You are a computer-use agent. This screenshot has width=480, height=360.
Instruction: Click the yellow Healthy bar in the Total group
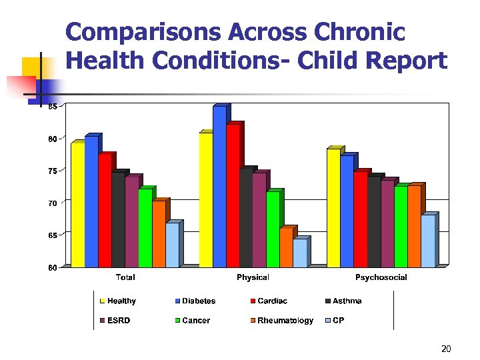tap(77, 205)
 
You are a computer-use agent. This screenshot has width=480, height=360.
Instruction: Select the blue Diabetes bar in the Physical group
tap(219, 187)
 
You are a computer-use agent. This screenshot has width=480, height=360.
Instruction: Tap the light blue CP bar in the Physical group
tap(299, 253)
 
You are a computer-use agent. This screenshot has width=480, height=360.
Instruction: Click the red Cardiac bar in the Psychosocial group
tap(360, 219)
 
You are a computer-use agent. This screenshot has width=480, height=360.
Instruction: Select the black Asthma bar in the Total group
tap(118, 219)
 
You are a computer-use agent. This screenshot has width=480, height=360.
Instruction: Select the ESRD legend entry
tap(117, 321)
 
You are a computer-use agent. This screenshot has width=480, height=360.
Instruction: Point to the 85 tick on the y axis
tap(52, 106)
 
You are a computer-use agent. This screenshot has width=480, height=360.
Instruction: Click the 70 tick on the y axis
tap(52, 203)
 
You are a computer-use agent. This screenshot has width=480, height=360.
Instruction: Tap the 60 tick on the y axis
tap(52, 267)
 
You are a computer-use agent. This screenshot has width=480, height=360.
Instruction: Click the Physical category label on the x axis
tap(253, 277)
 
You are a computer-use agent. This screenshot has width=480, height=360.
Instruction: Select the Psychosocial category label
tap(381, 277)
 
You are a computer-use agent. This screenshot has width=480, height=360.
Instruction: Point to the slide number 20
tap(446, 349)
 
